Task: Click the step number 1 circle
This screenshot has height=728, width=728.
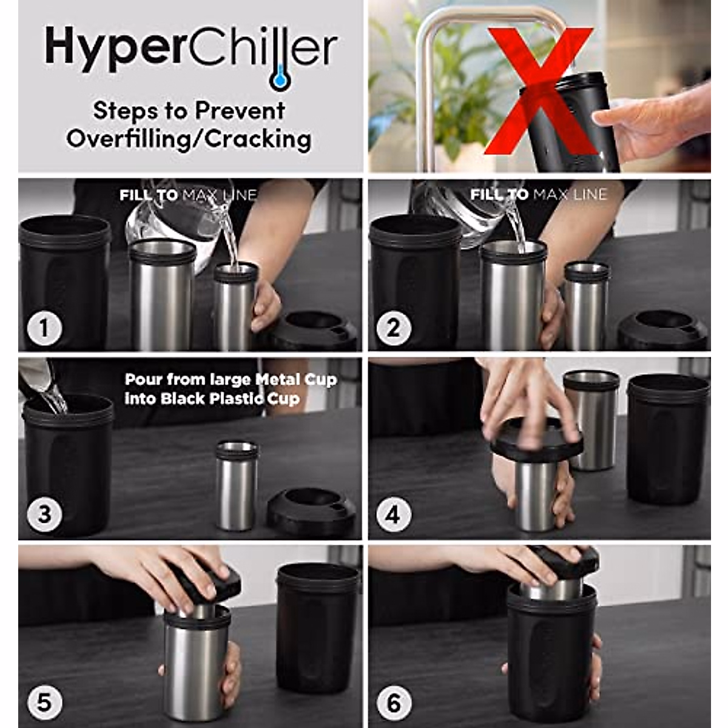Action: coord(44,328)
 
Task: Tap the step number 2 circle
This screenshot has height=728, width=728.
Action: coord(393,328)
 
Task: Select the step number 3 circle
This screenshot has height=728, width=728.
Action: coord(44,514)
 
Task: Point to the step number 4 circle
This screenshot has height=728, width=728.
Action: coord(393,514)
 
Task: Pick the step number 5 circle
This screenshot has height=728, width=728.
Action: coord(44,703)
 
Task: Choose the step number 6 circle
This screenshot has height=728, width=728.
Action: coord(393,703)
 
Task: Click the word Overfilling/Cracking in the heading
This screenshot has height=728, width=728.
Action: coord(189,139)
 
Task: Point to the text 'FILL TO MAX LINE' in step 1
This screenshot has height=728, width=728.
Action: coord(188,195)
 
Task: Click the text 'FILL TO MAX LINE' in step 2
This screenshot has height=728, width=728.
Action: coord(538,195)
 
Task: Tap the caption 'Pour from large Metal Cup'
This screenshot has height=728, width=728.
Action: coord(231,380)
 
